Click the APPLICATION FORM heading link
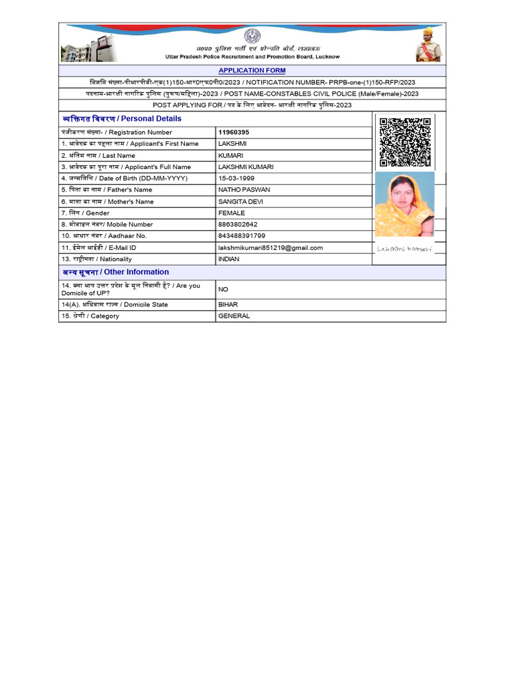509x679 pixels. pyautogui.click(x=252, y=70)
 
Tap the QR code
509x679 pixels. pyautogui.click(x=406, y=142)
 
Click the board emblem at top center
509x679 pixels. pyautogui.click(x=252, y=36)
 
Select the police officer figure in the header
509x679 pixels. pyautogui.click(x=428, y=45)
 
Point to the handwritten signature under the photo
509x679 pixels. pyautogui.click(x=404, y=249)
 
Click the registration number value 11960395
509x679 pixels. pyautogui.click(x=234, y=133)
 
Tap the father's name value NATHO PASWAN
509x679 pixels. pyautogui.click(x=244, y=190)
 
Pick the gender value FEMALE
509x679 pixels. pyautogui.click(x=231, y=213)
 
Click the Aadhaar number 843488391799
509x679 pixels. pyautogui.click(x=242, y=236)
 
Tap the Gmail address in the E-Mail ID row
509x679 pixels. pyautogui.click(x=270, y=247)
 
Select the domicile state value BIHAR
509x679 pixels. pyautogui.click(x=228, y=305)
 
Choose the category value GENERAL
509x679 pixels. pyautogui.click(x=234, y=316)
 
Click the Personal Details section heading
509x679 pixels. pyautogui.click(x=121, y=119)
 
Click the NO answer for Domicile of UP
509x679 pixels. pyautogui.click(x=223, y=289)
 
